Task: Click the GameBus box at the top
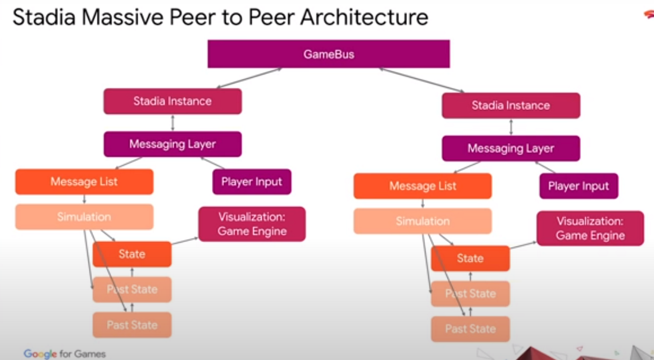(x=329, y=54)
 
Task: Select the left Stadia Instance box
(x=173, y=101)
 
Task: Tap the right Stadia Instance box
(x=511, y=106)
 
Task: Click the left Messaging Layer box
(x=173, y=144)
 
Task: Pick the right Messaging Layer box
(x=511, y=148)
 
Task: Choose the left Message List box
(x=84, y=182)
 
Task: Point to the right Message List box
(x=423, y=186)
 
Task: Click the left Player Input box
(x=252, y=182)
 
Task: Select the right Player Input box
(x=578, y=186)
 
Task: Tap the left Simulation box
(x=84, y=217)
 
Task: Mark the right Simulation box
(x=423, y=221)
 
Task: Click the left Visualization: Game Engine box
(x=252, y=224)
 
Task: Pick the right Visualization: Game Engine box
(x=590, y=228)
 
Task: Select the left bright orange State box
(x=132, y=254)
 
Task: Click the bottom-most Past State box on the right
(x=470, y=329)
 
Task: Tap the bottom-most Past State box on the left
(x=132, y=325)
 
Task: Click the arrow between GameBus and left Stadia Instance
(x=249, y=78)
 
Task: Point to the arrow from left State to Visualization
(x=185, y=241)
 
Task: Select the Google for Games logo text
(x=65, y=354)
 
